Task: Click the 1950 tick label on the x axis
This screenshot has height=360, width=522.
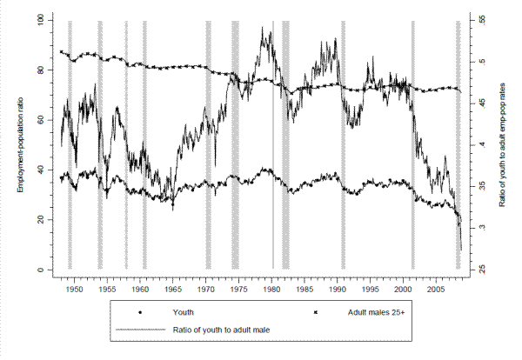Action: (x=74, y=284)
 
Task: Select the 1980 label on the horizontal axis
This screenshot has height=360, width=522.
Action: (x=271, y=284)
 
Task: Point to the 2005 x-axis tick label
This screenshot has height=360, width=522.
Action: (x=436, y=284)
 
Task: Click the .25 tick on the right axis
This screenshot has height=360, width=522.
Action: (x=478, y=270)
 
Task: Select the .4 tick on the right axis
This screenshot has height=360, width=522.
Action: (x=476, y=144)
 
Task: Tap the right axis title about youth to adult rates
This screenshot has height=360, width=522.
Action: (x=505, y=144)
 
